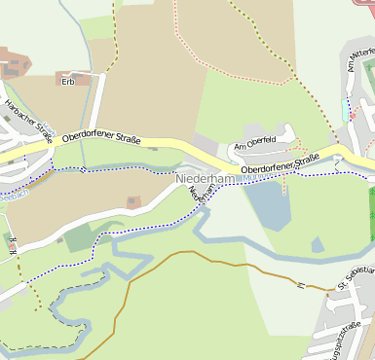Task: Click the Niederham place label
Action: pos(206,180)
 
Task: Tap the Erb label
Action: pos(68,82)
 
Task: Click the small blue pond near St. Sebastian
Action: pos(318,244)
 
